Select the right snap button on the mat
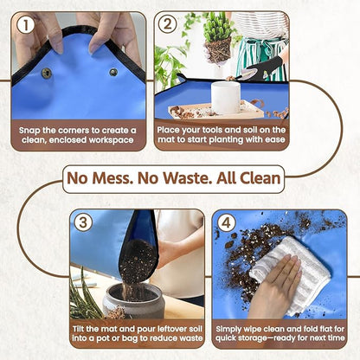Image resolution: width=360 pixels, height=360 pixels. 113,72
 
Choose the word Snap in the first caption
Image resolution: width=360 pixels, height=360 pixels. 34,129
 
